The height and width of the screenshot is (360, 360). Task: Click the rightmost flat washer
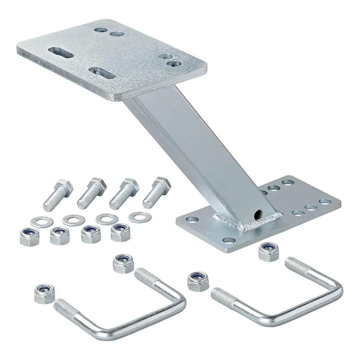pyautogui.click(x=137, y=217)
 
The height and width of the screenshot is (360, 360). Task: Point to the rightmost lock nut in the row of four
pyautogui.click(x=119, y=232)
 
